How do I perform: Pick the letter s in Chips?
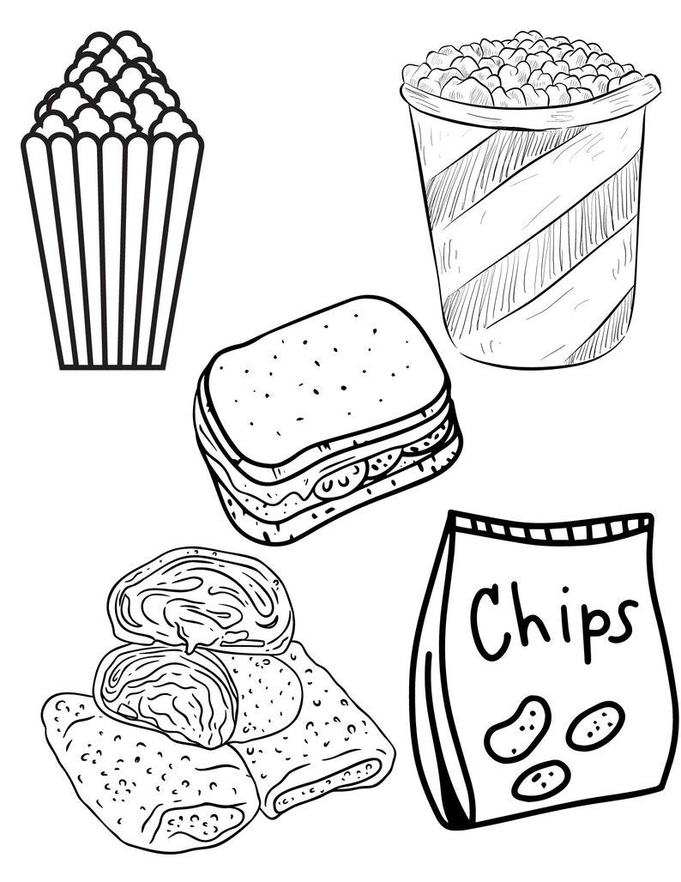point(621,619)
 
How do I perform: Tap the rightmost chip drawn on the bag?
point(596,725)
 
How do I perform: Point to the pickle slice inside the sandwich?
point(340,483)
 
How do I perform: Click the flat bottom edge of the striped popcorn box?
point(111,368)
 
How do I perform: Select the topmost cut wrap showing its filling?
point(202,601)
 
